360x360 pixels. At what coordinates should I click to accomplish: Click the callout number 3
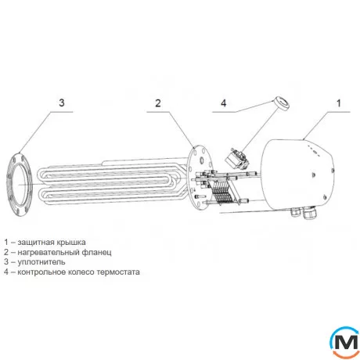62,103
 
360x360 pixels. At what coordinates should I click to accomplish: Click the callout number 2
158,103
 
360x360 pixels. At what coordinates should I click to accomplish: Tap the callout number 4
224,103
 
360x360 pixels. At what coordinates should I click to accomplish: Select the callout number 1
339,103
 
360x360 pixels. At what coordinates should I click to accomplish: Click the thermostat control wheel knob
281,104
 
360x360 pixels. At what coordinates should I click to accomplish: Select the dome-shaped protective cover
297,175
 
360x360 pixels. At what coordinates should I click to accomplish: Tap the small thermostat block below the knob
237,158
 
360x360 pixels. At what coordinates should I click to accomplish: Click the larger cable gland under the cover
310,213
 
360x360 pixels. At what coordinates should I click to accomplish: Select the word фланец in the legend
97,252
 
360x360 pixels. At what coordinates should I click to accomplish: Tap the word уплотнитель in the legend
41,262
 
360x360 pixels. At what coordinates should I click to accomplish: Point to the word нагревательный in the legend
49,252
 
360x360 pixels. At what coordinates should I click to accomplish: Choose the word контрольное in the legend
41,272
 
